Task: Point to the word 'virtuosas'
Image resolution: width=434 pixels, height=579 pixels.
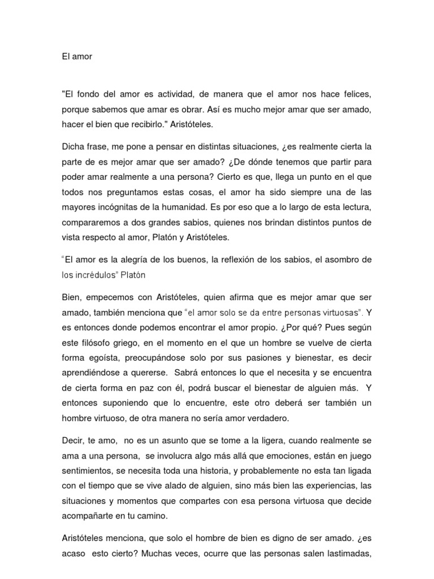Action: pyautogui.click(x=340, y=312)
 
